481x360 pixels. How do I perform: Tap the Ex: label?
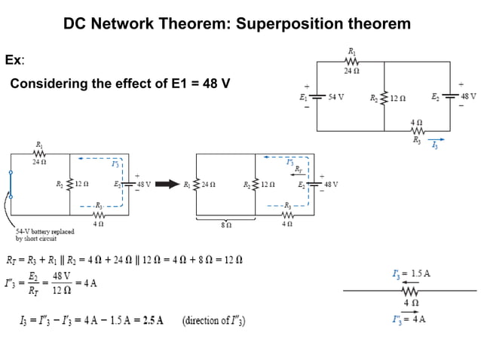click(14, 59)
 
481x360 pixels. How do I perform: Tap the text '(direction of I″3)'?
click(213, 319)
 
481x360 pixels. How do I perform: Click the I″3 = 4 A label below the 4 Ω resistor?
click(409, 319)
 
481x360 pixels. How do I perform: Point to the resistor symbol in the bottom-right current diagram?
click(411, 290)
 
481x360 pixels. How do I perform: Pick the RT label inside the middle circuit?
click(298, 169)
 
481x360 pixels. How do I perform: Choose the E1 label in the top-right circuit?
click(303, 97)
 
